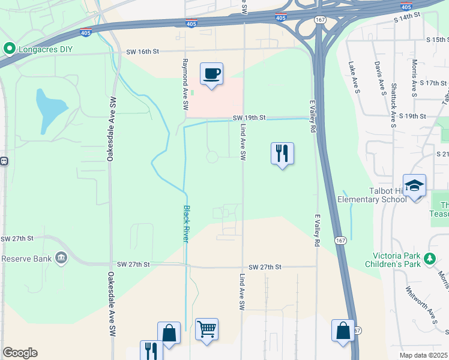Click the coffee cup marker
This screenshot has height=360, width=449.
tap(211, 74)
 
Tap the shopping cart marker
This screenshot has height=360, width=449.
tap(206, 329)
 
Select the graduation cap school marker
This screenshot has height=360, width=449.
tap(414, 186)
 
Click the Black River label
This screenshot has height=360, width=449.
tap(187, 224)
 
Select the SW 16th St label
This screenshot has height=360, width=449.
tap(142, 52)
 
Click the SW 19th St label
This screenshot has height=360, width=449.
tap(249, 118)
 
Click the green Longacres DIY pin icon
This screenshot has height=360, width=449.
tap(9, 48)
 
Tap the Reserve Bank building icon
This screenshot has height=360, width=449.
tap(61, 259)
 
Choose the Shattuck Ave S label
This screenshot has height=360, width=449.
tap(394, 105)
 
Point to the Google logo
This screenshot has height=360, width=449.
tap(20, 353)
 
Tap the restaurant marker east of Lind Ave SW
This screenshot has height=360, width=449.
tap(282, 154)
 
